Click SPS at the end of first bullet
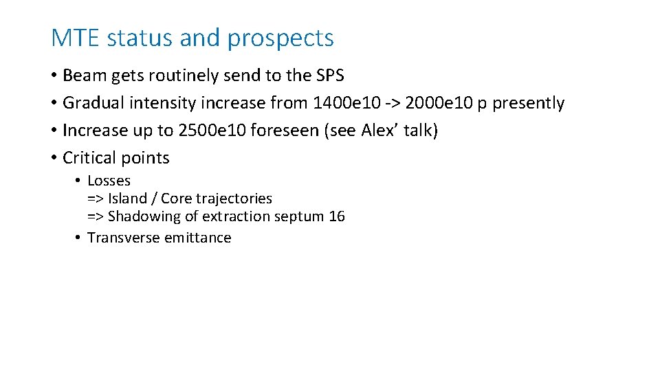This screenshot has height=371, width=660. (x=330, y=75)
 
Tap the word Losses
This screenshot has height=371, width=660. (x=109, y=181)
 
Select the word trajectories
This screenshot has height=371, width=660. (x=234, y=199)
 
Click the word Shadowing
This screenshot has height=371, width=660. (x=142, y=216)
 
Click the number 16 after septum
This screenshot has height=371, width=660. (x=337, y=216)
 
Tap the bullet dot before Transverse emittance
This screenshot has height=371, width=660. (x=80, y=238)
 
